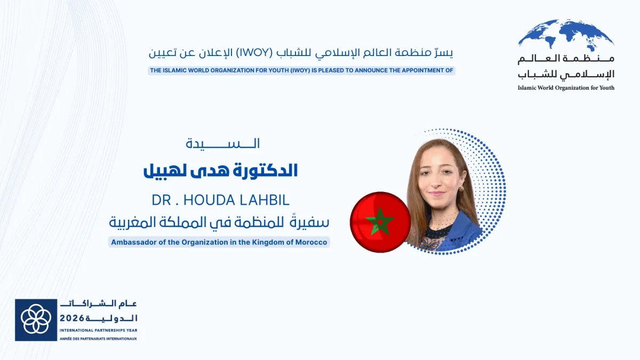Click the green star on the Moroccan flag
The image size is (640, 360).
click(380, 220)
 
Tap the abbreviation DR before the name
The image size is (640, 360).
click(161, 200)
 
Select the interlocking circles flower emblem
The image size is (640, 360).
click(36, 319)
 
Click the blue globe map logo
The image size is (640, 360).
click(566, 35)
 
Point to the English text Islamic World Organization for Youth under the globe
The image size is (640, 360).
click(566, 87)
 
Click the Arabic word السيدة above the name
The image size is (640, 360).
click(223, 143)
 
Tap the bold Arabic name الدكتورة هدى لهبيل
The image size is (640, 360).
click(220, 171)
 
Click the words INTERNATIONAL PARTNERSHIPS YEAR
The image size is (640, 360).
click(98, 331)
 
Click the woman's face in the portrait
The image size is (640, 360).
click(438, 179)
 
